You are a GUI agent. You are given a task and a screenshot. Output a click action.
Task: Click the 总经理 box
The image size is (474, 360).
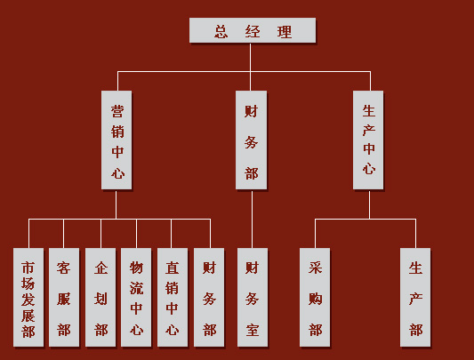pyautogui.click(x=253, y=30)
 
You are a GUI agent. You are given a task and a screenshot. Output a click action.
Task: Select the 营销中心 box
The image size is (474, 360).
pyautogui.click(x=116, y=140)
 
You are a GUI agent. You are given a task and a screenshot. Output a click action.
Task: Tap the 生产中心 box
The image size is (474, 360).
pyautogui.click(x=368, y=140)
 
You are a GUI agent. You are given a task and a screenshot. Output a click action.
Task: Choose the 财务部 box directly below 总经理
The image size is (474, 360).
pyautogui.click(x=251, y=140)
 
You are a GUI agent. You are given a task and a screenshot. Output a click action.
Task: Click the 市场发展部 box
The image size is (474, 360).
pyautogui.click(x=28, y=298)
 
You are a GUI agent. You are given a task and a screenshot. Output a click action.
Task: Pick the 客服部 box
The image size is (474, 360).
pyautogui.click(x=64, y=298)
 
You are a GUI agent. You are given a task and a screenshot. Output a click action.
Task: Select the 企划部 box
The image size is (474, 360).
pyautogui.click(x=100, y=298)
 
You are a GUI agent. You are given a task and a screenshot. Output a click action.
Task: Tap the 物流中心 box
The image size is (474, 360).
pyautogui.click(x=136, y=298)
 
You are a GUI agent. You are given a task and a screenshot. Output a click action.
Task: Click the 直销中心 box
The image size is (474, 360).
pyautogui.click(x=173, y=298)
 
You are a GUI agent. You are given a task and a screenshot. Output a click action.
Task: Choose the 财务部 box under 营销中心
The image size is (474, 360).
pyautogui.click(x=209, y=298)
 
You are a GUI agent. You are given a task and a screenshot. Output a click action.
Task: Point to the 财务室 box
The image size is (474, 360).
pyautogui.click(x=253, y=298)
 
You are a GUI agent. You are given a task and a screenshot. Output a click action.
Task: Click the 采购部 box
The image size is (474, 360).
pyautogui.click(x=315, y=298)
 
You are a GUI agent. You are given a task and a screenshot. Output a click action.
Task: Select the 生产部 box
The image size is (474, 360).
pyautogui.click(x=415, y=298)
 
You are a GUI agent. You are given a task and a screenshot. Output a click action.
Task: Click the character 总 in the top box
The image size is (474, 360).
pyautogui.click(x=221, y=31)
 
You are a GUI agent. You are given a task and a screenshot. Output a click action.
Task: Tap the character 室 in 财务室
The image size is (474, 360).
pyautogui.click(x=252, y=330)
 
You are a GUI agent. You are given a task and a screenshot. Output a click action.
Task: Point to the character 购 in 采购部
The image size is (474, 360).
pyautogui.click(x=315, y=299)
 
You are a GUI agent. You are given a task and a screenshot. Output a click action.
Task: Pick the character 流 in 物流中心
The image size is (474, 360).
pyautogui.click(x=136, y=288)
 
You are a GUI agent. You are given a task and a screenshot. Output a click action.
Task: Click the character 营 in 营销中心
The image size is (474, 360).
pyautogui.click(x=117, y=111)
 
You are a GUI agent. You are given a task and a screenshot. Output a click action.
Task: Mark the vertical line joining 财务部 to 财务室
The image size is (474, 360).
pyautogui.click(x=252, y=219)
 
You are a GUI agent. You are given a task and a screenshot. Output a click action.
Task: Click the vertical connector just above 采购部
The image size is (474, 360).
pyautogui.click(x=315, y=234)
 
